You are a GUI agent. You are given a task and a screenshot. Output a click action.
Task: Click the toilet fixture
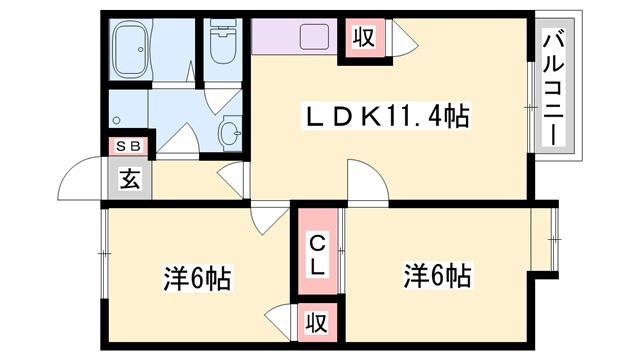click(x=222, y=43)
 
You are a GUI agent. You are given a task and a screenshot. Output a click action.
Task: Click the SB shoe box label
click(x=130, y=147)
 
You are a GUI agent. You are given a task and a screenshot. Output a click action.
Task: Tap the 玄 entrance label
click(x=130, y=180)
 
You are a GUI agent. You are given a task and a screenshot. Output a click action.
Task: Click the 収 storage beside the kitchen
click(x=362, y=39)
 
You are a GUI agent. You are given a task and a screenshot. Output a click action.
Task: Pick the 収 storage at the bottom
click(x=316, y=323)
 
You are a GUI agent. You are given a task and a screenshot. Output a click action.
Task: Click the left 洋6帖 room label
click(x=197, y=277)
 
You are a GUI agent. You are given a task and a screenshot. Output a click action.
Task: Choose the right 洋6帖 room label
click(x=438, y=273)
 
